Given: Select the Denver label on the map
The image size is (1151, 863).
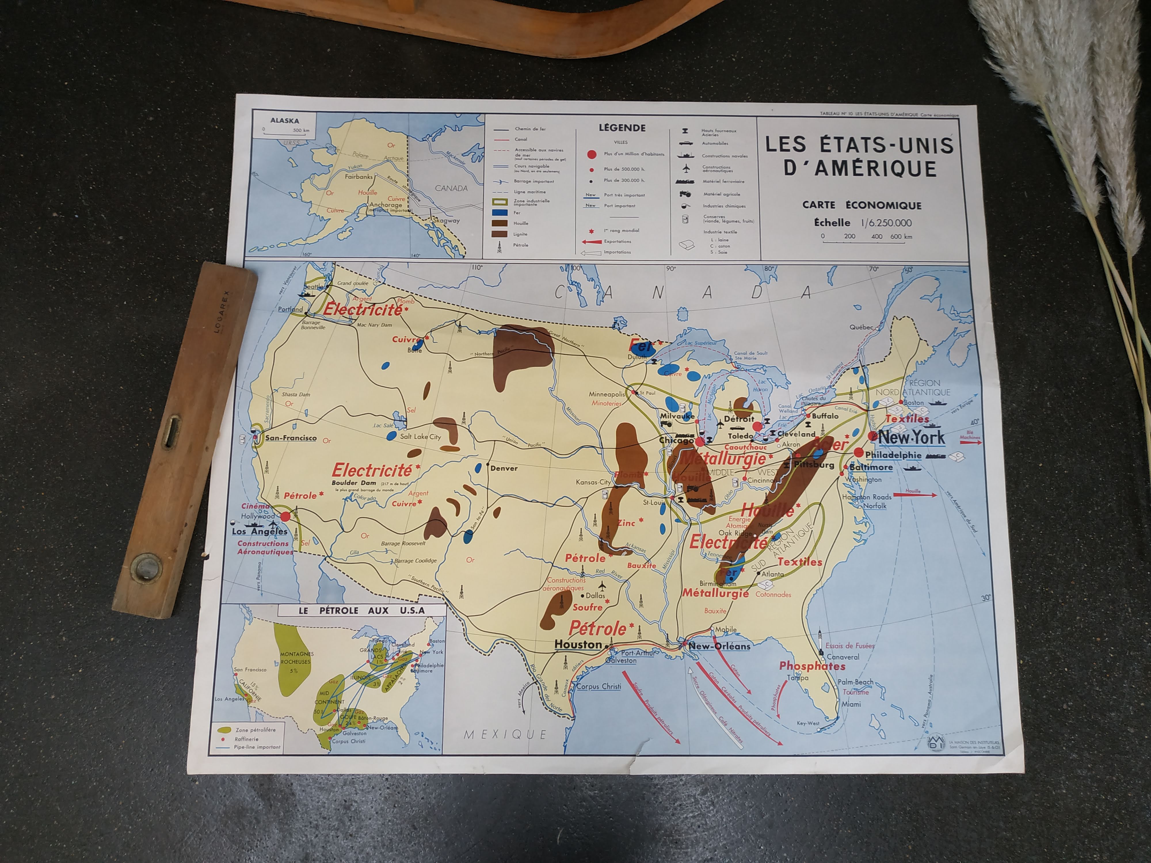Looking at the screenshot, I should (503, 468).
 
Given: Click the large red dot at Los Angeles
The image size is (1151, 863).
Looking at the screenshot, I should (285, 517).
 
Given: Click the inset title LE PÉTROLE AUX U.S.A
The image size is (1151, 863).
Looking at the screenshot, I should (361, 610).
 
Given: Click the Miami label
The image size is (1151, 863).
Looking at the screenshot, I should (851, 704).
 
